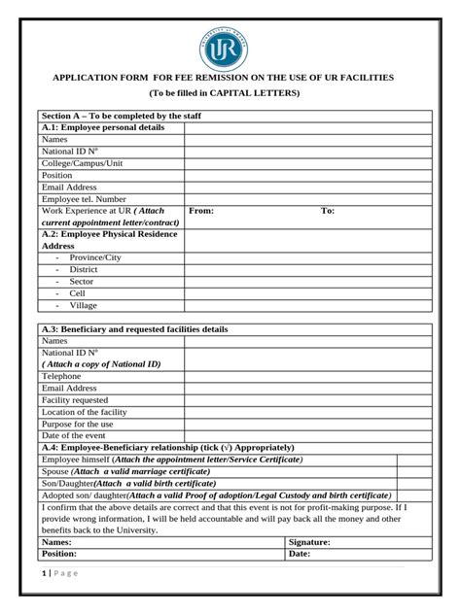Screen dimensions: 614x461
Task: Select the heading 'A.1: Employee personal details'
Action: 103,127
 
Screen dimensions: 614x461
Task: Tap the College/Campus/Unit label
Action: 83,163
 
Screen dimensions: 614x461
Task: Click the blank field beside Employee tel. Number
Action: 308,198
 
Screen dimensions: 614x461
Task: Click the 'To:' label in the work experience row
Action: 328,210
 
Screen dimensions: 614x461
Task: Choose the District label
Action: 84,269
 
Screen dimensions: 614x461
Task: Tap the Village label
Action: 84,305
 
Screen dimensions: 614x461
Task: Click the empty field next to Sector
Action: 308,281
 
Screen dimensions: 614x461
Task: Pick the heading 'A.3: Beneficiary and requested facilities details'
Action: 134,329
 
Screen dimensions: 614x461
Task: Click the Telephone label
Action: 61,376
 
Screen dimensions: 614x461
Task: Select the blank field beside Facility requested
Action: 308,399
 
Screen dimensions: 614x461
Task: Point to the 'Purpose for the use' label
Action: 77,424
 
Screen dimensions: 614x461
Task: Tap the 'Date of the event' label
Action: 74,435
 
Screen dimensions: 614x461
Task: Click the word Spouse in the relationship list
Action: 55,471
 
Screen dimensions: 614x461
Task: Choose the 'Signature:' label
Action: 309,542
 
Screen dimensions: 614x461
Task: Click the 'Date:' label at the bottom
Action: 299,554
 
